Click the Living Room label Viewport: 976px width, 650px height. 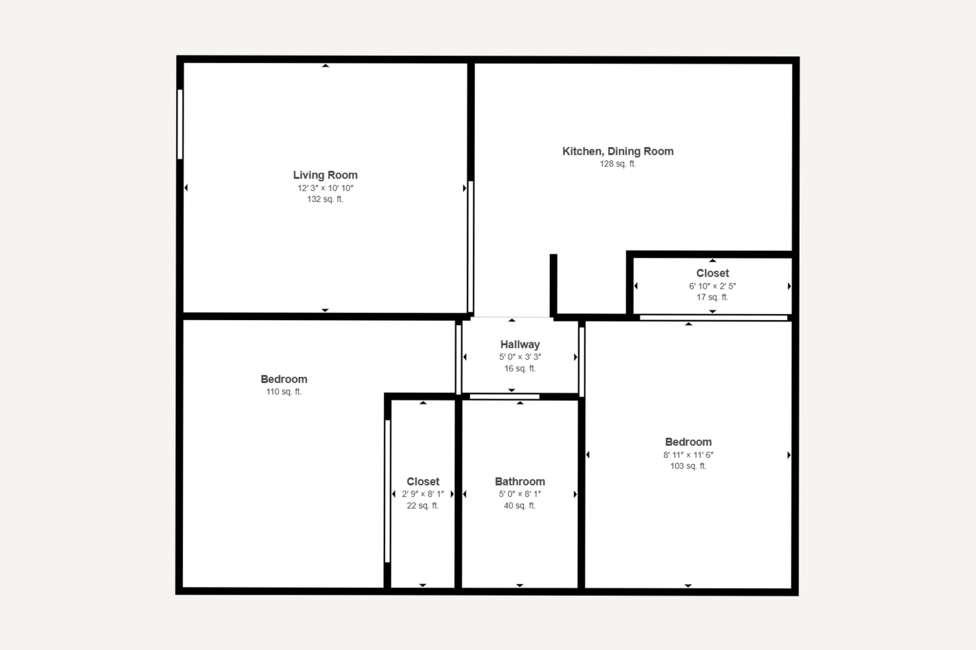325,175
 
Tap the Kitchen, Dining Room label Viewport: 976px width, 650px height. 618,151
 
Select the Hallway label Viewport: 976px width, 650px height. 520,345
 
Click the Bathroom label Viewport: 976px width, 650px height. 520,481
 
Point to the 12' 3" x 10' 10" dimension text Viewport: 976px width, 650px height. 325,188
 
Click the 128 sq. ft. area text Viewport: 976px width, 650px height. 618,164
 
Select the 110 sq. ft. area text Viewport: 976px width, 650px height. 283,392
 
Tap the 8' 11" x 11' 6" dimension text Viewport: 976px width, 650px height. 688,455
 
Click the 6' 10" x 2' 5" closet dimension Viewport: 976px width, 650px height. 712,286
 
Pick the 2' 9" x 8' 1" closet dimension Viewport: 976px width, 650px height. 422,494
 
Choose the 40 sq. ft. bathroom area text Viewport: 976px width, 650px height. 520,506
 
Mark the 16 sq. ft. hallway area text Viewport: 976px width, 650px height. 520,369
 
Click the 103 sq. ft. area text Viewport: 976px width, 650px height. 688,466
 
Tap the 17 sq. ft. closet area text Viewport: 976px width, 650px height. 712,297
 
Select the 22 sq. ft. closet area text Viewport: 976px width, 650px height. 422,506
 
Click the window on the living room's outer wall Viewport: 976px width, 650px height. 180,124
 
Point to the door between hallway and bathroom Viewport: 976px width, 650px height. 505,397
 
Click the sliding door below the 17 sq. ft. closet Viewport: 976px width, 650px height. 713,318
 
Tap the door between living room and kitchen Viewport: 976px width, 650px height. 471,246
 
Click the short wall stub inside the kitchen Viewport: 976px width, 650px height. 554,285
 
